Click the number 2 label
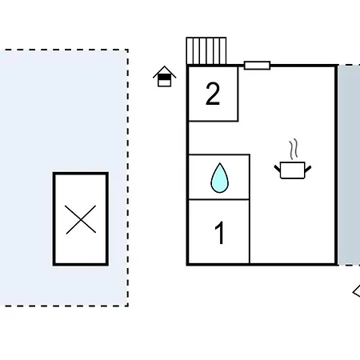(x=213, y=94)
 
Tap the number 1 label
(x=219, y=233)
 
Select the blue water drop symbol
(x=220, y=178)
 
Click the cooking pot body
(x=293, y=170)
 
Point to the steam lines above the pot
(x=294, y=149)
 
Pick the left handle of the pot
(x=278, y=169)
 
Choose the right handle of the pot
(x=308, y=169)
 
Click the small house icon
(x=164, y=76)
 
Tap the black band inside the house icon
(x=164, y=78)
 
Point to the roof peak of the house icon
(x=165, y=66)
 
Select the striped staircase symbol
(x=206, y=51)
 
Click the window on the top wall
(x=258, y=66)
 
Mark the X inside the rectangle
(x=81, y=219)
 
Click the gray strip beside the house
(x=349, y=165)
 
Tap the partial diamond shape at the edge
(x=356, y=292)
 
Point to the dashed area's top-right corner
(x=128, y=50)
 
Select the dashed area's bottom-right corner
(x=128, y=306)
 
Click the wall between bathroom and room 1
(x=219, y=199)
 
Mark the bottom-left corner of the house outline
(x=187, y=264)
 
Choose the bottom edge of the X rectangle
(x=81, y=264)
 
